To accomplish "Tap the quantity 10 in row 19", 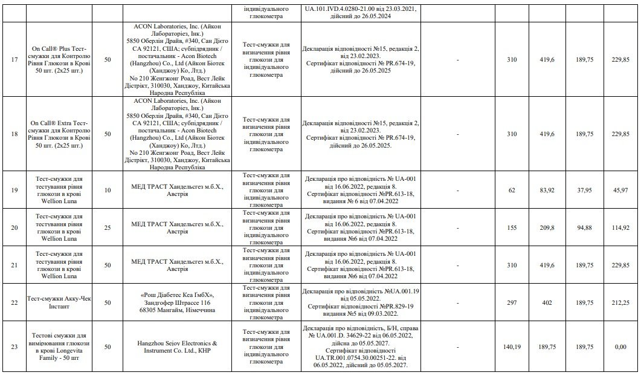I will (108, 190).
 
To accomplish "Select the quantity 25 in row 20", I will (108, 227).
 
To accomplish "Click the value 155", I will (512, 227).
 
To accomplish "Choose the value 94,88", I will (584, 227).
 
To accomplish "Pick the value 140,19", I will (512, 346).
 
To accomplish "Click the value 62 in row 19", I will (512, 190).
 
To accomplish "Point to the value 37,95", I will (584, 190).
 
